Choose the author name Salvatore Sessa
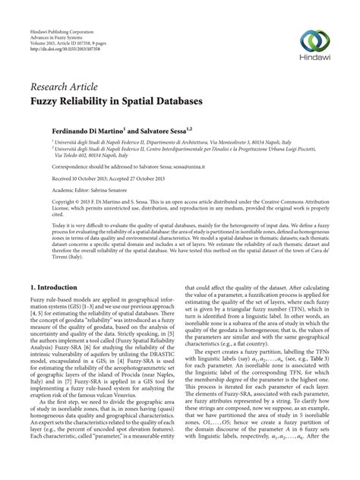(x=163, y=131)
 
